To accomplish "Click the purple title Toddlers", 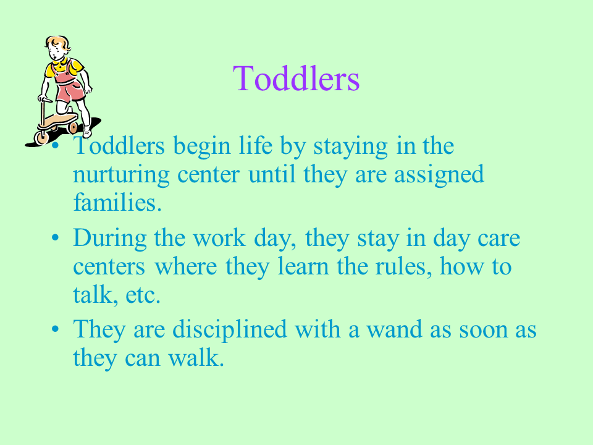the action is tap(296, 78).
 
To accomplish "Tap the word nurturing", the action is tap(121, 176).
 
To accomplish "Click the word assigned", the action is tap(439, 175).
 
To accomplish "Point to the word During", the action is tap(110, 239).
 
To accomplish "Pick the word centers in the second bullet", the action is tap(109, 267).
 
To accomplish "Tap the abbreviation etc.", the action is tap(143, 295).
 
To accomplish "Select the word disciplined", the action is tap(230, 330).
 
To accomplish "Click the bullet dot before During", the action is tap(55, 238).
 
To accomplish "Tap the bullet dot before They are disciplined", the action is tap(55, 328).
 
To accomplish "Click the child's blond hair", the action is tap(58, 43).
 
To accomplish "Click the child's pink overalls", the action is tap(69, 85).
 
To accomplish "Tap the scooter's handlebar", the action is tap(45, 100).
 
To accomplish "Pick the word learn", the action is tap(303, 266).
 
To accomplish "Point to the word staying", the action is tap(351, 147).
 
